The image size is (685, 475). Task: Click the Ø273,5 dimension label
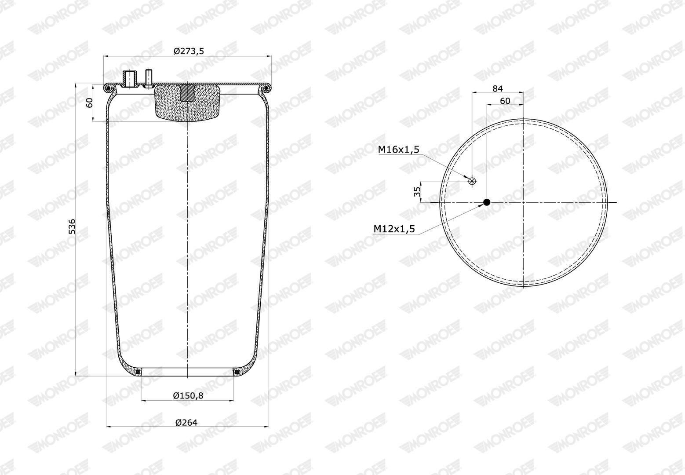[189, 51]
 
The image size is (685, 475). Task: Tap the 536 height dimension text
[72, 227]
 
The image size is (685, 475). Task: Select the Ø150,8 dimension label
[188, 395]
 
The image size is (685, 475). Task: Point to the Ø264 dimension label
[186, 422]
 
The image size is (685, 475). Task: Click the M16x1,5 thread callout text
[399, 150]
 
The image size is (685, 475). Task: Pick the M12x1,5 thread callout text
[394, 228]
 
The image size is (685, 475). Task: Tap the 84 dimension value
[498, 88]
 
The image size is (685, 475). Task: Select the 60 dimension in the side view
[89, 103]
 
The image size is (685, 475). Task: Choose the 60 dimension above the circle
[505, 101]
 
